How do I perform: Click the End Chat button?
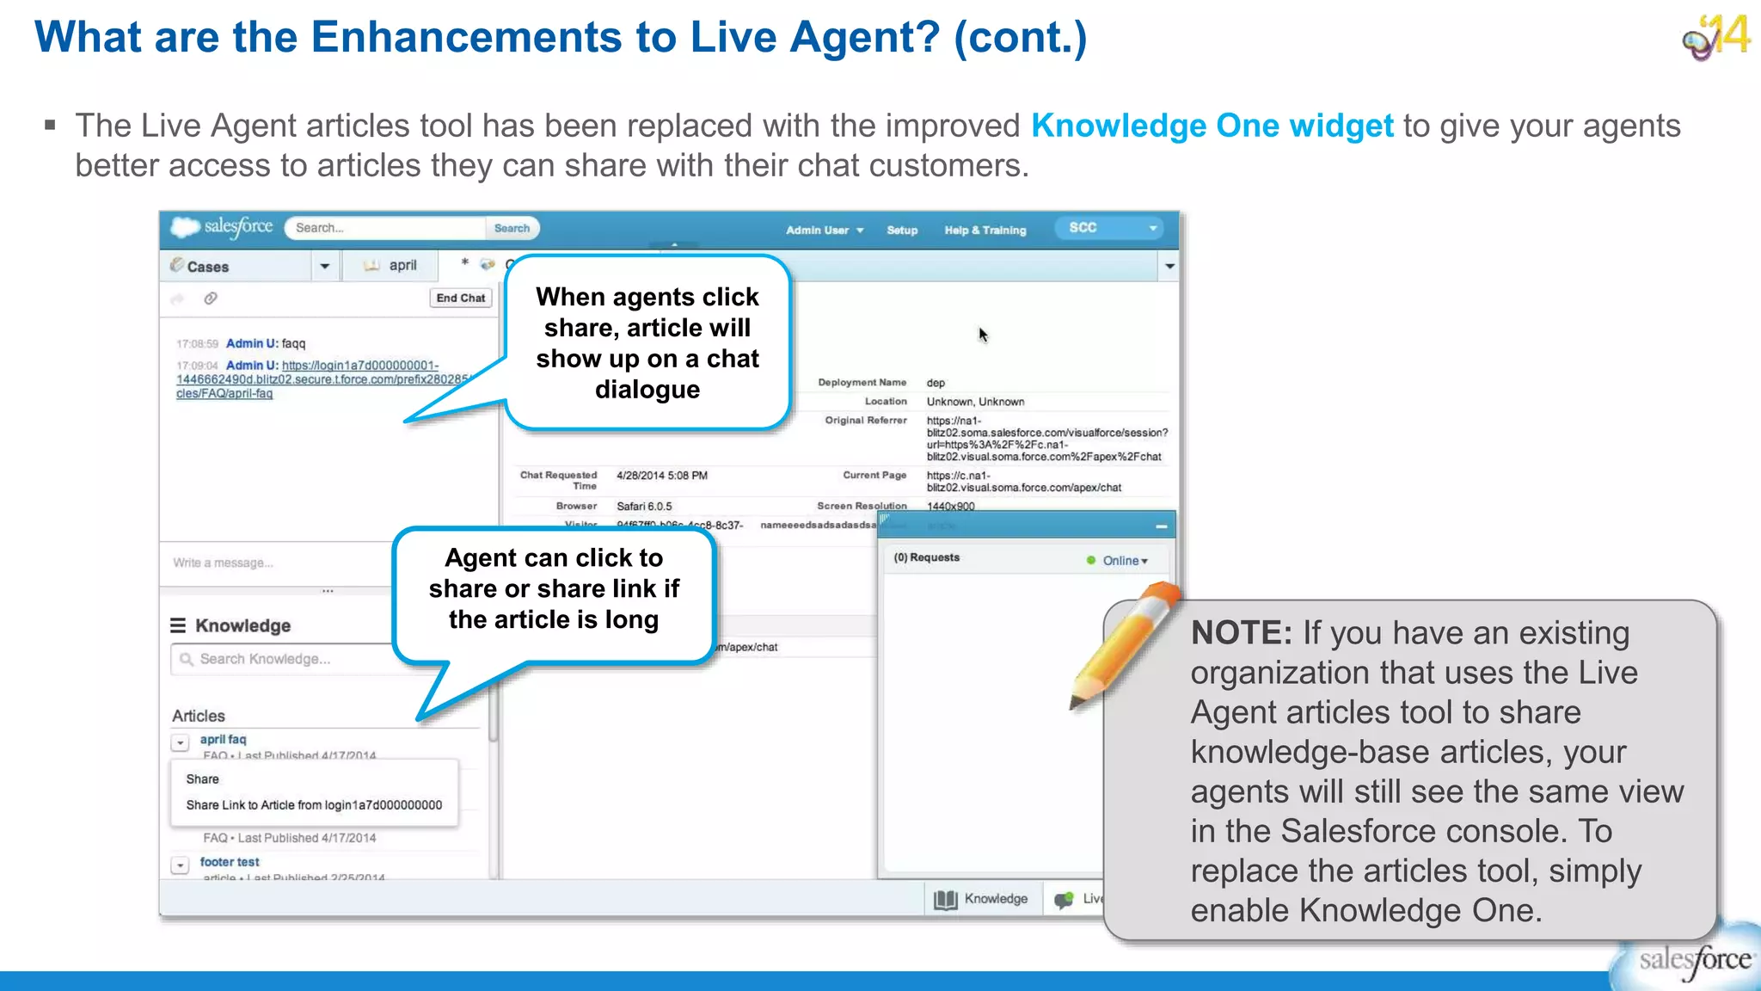pyautogui.click(x=460, y=299)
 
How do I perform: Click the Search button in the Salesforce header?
pyautogui.click(x=512, y=228)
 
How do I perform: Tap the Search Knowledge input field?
pyautogui.click(x=284, y=659)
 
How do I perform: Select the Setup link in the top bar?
pyautogui.click(x=902, y=231)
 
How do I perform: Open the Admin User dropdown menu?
pyautogui.click(x=824, y=231)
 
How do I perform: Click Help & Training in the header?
pyautogui.click(x=985, y=231)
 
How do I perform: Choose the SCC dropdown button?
pyautogui.click(x=1112, y=228)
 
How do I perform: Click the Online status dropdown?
pyautogui.click(x=1124, y=561)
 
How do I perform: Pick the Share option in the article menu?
pyautogui.click(x=203, y=779)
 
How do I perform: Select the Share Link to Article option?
pyautogui.click(x=314, y=805)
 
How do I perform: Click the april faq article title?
pyautogui.click(x=223, y=739)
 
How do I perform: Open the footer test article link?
pyautogui.click(x=230, y=862)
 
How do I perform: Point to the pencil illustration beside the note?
pyautogui.click(x=1124, y=645)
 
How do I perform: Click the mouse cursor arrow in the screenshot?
pyautogui.click(x=983, y=335)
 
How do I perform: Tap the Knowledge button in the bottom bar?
pyautogui.click(x=982, y=899)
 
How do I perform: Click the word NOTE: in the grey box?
pyautogui.click(x=1241, y=633)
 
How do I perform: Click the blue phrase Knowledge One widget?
pyautogui.click(x=1212, y=126)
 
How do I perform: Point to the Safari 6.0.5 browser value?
pyautogui.click(x=644, y=507)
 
